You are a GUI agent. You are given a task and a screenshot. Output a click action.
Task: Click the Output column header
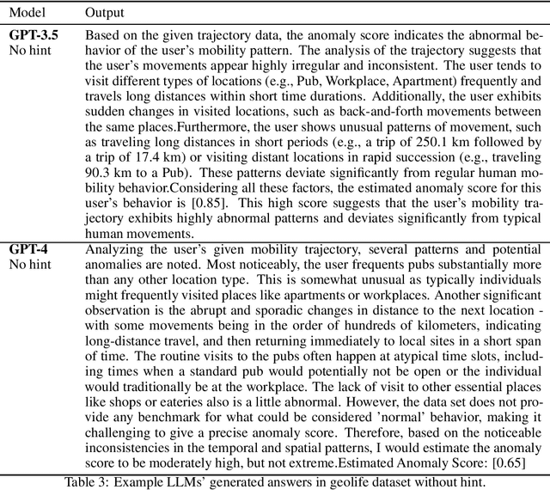[x=104, y=14]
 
